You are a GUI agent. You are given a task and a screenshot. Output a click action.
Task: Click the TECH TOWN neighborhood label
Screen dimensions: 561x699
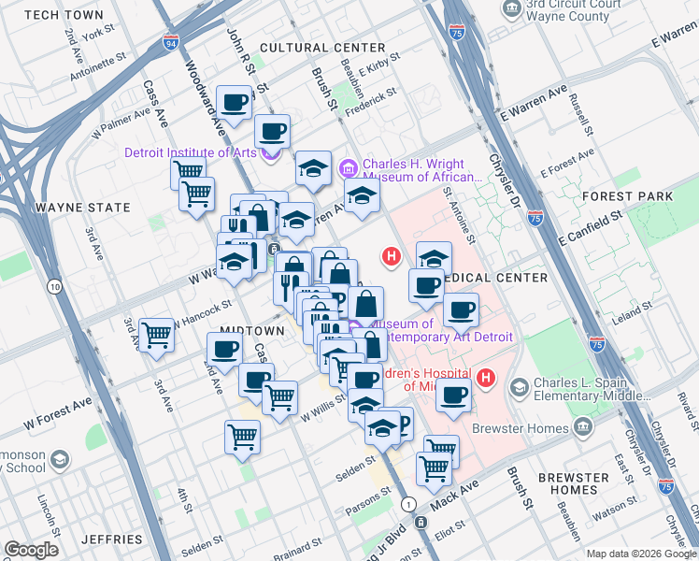tap(64, 15)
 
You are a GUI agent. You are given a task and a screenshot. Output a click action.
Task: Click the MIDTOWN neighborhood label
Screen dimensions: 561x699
tap(251, 332)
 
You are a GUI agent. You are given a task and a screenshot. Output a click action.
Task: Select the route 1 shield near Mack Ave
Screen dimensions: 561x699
tap(408, 504)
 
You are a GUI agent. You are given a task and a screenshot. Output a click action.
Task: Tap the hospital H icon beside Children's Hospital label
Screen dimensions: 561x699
tap(486, 378)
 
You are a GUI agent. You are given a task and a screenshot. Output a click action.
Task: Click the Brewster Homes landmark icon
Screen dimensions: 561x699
tap(584, 428)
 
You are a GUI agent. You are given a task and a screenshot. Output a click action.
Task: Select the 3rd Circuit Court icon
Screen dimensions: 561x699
tap(511, 8)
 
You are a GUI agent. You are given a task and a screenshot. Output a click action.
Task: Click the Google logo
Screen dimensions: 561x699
tap(32, 550)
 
